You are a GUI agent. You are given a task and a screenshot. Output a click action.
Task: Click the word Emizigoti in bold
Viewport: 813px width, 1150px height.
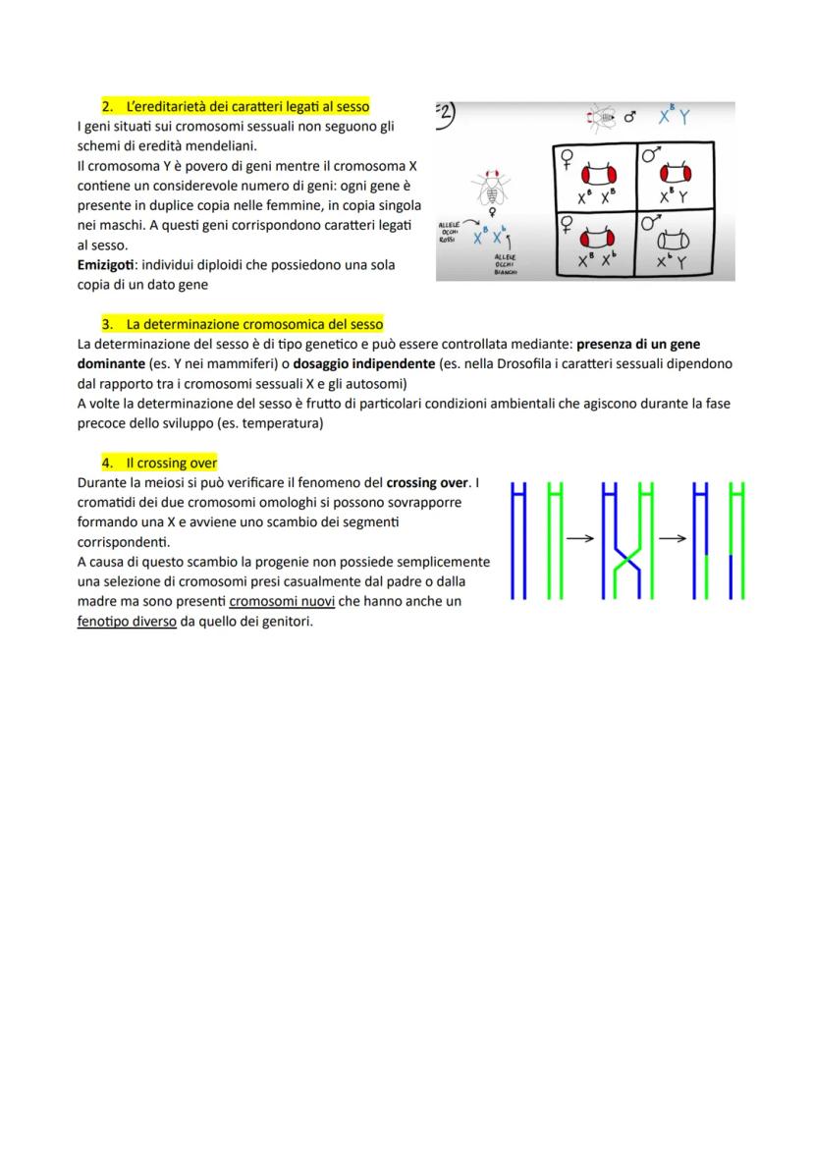[x=108, y=266]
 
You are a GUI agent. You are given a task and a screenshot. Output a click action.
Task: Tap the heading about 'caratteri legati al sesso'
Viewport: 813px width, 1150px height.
[x=248, y=105]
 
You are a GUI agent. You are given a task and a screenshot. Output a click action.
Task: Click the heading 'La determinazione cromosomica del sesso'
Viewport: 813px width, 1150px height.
[x=254, y=323]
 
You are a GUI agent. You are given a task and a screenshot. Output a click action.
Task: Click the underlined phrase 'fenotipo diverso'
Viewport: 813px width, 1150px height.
[x=127, y=622]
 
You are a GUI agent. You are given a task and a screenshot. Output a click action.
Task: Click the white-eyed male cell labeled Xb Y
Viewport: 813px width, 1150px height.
[x=673, y=246]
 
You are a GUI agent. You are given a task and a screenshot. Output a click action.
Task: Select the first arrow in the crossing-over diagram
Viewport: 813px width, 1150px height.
[x=581, y=538]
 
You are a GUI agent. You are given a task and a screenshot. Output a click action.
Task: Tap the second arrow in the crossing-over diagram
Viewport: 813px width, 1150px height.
[x=673, y=538]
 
